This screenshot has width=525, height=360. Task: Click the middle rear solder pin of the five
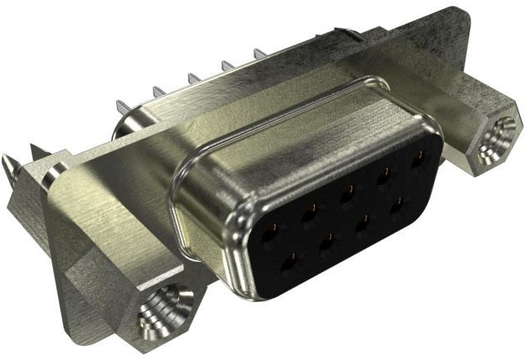point(195,79)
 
